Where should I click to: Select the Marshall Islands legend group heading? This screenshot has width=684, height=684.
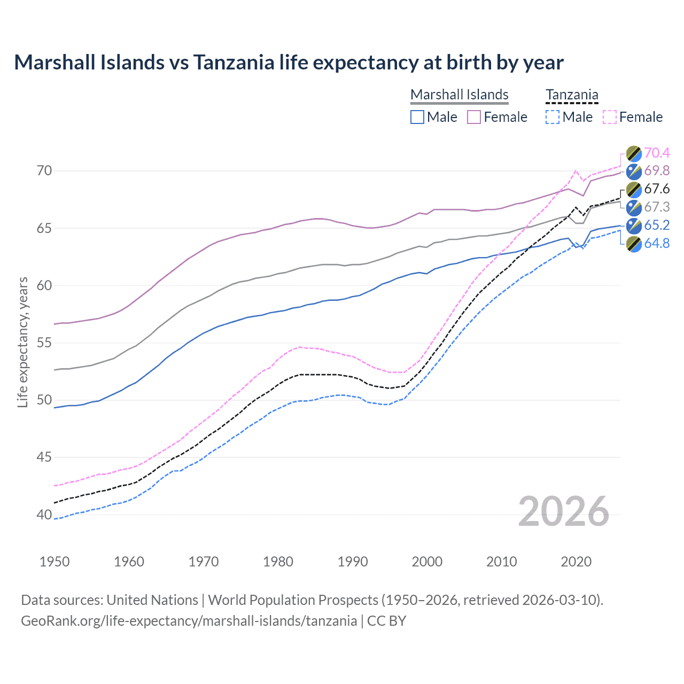tap(459, 95)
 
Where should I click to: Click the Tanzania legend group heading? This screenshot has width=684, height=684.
tap(572, 95)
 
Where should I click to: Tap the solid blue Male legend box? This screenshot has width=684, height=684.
tap(417, 117)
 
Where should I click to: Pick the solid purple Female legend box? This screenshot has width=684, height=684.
tap(474, 117)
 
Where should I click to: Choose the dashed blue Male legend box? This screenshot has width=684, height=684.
tap(553, 117)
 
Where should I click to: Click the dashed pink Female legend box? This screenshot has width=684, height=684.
tap(610, 117)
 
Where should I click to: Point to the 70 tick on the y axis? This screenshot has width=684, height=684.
tap(44, 171)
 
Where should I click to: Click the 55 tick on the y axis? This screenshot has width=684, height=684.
tap(44, 343)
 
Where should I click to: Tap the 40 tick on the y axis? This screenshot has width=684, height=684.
tap(44, 515)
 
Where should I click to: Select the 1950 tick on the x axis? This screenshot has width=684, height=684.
tap(55, 562)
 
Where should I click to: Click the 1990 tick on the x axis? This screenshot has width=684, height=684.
tap(353, 562)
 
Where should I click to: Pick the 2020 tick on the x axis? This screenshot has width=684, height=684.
tap(576, 562)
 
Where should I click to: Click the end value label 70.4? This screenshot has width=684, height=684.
tap(657, 153)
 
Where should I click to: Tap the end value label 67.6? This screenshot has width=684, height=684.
tap(657, 189)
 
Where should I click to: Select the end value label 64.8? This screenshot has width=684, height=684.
tap(657, 244)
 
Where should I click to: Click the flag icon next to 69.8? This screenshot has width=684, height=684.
tap(634, 172)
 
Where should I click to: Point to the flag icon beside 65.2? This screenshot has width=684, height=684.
tap(634, 226)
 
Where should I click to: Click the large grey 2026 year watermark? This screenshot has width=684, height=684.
tap(563, 511)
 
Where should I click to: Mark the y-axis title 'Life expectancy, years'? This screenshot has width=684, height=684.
tap(22, 343)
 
